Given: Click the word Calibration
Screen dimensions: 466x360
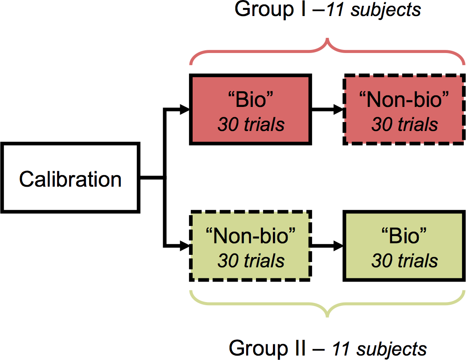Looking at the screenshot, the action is pos(70,179).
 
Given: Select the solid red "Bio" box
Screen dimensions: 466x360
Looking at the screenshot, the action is pos(251,109).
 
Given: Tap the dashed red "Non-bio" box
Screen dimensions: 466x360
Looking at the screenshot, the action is pos(404,109).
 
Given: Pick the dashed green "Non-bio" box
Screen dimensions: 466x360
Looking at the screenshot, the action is pos(251,245).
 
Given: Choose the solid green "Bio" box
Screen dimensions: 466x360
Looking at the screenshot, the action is pos(404,245).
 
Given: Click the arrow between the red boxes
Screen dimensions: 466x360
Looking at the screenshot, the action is pos(327,109).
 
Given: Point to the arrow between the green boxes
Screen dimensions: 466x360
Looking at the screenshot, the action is pos(327,245).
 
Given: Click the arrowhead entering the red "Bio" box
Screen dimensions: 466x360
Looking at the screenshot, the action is pos(185,109).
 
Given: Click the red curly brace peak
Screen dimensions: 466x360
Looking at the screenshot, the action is pos(327,39).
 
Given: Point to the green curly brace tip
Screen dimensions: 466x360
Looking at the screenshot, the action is pos(327,317).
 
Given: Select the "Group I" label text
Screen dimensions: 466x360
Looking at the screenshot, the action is pos(270,9).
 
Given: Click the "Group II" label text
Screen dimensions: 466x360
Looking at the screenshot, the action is pos(267,348).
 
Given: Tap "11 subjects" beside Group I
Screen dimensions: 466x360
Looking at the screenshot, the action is pos(374,9).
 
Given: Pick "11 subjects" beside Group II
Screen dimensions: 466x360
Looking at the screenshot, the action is pos(379,348).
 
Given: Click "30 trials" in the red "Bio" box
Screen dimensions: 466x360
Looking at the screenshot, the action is pos(251,124).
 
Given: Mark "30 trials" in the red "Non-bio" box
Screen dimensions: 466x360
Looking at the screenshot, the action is pos(404,124).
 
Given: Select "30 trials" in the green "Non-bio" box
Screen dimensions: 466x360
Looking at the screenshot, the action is pos(251,261).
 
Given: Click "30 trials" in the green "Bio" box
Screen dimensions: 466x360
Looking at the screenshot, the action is pos(404,261).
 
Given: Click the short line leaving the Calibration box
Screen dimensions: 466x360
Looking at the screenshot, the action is pos(152,178).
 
